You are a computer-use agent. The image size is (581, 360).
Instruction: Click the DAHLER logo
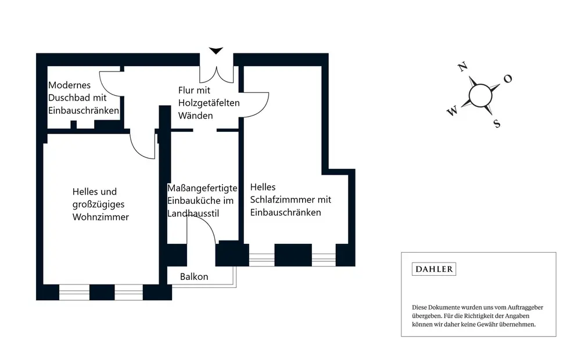433,269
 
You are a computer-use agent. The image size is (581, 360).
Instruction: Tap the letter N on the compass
462,67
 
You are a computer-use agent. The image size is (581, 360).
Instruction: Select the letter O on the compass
508,78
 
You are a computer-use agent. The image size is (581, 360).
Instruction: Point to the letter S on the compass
497,124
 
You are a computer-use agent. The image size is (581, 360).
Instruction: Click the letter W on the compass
452,111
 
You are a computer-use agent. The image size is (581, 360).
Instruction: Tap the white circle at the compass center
480,96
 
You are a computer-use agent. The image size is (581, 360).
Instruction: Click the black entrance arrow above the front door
216,51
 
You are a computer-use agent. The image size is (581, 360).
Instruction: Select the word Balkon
194,276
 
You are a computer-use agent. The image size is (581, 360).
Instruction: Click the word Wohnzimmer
101,217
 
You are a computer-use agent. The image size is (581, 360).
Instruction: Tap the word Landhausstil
193,213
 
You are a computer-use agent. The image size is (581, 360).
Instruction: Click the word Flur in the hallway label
186,91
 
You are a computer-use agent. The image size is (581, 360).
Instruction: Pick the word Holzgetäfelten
209,103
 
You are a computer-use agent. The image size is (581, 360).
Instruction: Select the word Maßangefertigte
202,188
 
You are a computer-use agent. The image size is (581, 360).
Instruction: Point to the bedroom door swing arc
264,107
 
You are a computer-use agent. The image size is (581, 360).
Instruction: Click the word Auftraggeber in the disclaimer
525,307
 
